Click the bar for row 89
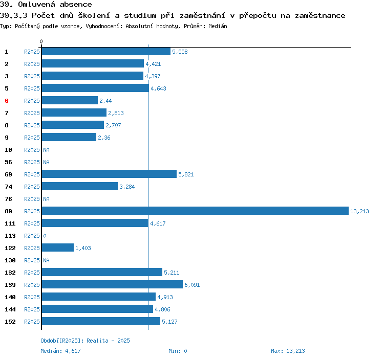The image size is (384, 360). pyautogui.click(x=195, y=211)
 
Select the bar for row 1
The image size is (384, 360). pyautogui.click(x=105, y=52)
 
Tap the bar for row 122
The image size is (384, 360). pyautogui.click(x=57, y=248)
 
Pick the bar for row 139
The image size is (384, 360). pyautogui.click(x=112, y=285)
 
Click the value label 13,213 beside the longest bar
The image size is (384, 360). pyautogui.click(x=359, y=211)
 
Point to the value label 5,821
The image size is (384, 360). pyautogui.click(x=186, y=174)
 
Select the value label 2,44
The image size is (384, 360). pyautogui.click(x=105, y=101)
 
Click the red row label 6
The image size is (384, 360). pyautogui.click(x=7, y=101)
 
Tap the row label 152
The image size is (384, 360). pyautogui.click(x=10, y=322)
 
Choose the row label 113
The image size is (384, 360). pyautogui.click(x=10, y=236)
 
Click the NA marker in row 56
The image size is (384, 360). pyautogui.click(x=46, y=162)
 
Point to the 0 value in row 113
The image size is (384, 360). pyautogui.click(x=45, y=236)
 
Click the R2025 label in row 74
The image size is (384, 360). pyautogui.click(x=32, y=187)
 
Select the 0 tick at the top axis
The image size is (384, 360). pyautogui.click(x=41, y=41)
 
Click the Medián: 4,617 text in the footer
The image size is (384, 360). pyautogui.click(x=60, y=351)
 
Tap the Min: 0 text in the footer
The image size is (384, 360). pyautogui.click(x=178, y=351)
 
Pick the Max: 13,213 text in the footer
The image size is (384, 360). pyautogui.click(x=288, y=351)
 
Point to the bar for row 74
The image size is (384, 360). pyautogui.click(x=79, y=187)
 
